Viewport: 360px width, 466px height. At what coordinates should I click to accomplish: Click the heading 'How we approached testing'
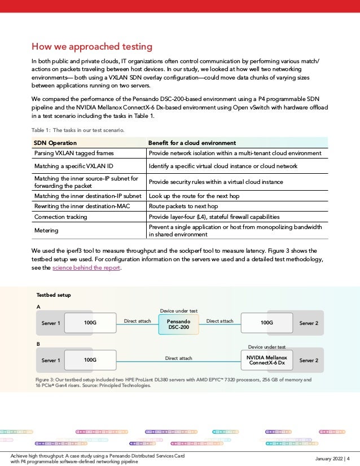click(91, 46)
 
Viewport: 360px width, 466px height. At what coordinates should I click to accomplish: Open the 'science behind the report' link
click(86, 268)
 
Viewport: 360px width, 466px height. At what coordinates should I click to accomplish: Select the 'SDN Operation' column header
click(55, 143)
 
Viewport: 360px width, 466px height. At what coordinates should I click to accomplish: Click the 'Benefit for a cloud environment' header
click(191, 143)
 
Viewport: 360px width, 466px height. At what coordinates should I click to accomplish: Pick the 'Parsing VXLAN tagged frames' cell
click(73, 153)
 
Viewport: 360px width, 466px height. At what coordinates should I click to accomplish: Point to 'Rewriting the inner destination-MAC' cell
click(83, 207)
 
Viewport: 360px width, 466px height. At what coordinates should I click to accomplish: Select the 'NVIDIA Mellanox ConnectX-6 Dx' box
click(267, 359)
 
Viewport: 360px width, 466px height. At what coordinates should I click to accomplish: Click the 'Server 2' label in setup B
click(309, 359)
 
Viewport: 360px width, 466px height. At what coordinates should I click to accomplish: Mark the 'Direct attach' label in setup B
click(178, 358)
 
